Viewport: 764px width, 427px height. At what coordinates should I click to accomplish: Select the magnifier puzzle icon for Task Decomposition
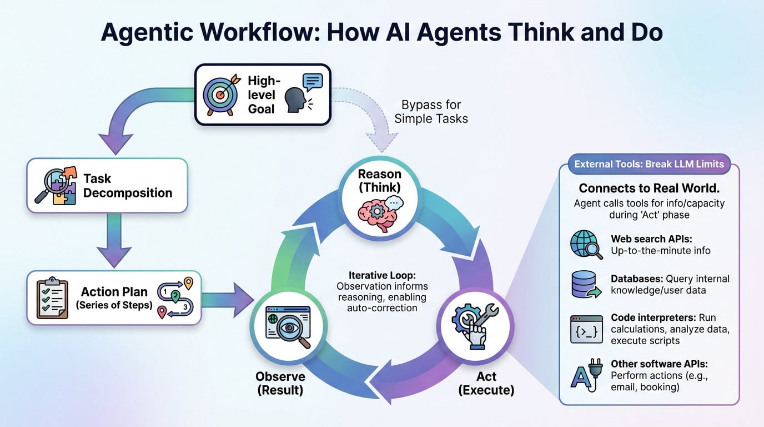tap(54, 185)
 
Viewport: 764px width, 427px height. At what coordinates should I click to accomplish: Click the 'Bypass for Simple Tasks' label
tap(431, 111)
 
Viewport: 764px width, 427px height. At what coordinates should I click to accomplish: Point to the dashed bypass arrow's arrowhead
tap(382, 145)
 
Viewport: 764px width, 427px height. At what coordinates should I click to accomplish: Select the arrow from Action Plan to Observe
tap(227, 300)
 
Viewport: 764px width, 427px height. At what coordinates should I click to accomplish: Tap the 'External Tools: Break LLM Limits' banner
tap(649, 164)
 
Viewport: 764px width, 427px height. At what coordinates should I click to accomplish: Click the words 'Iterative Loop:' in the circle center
tap(382, 275)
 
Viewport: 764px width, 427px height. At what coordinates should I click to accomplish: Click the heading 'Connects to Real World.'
tap(649, 188)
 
